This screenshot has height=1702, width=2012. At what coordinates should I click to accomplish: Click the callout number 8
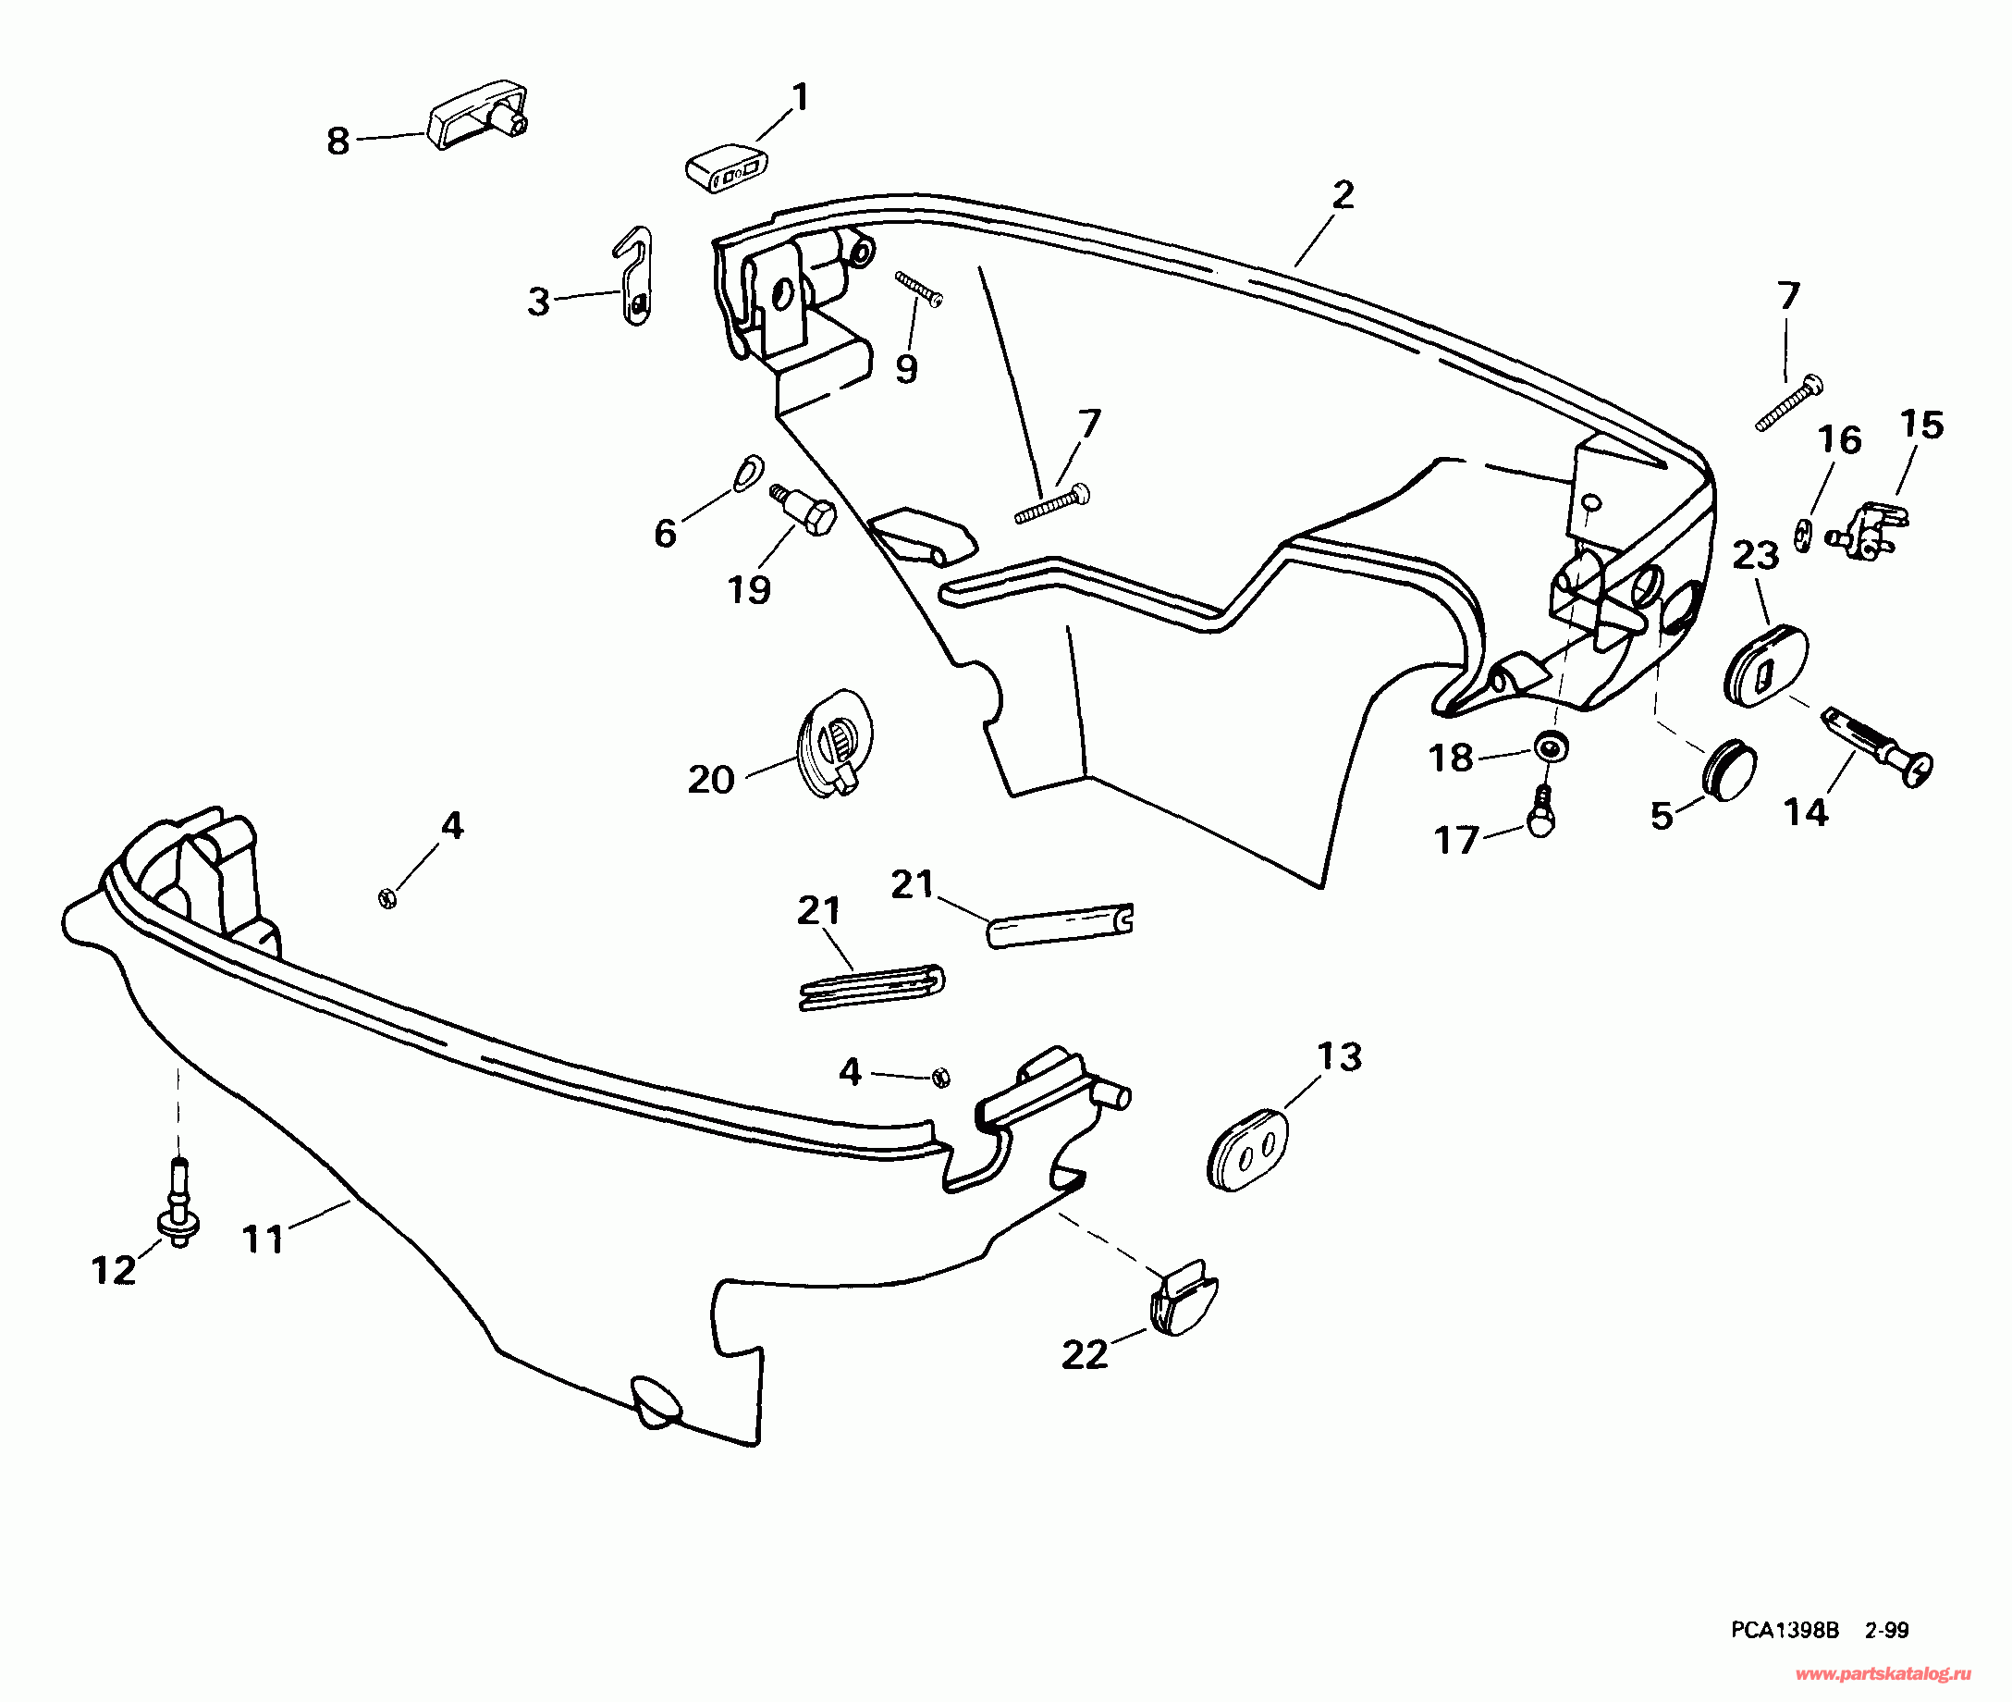pos(337,142)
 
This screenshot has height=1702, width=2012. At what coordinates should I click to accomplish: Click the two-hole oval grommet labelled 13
pos(1247,1149)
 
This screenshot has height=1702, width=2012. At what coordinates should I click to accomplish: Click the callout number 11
pos(263,1239)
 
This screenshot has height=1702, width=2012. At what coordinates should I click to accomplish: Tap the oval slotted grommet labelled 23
pos(1765,666)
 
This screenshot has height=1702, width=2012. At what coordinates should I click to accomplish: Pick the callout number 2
pos(1343,196)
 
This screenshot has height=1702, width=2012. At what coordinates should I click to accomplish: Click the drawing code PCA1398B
pos(1785,1630)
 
